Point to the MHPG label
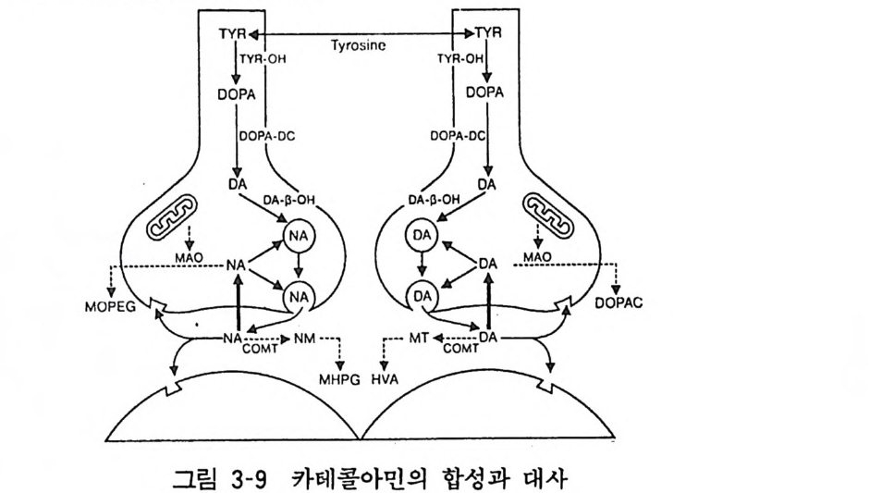(338, 379)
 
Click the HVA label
(384, 379)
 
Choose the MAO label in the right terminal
(537, 256)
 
